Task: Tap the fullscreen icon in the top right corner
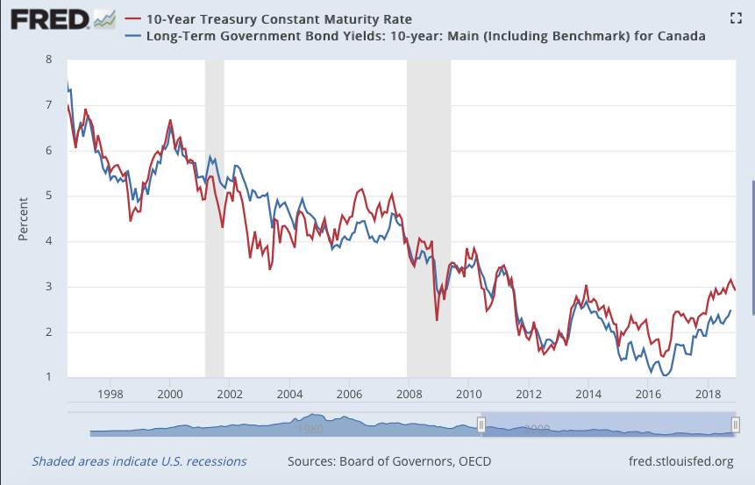tap(737, 18)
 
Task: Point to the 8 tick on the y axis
tap(49, 60)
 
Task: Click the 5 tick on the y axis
tap(49, 196)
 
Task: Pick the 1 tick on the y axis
tap(49, 377)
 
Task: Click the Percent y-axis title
tap(24, 219)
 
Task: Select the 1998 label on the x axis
tap(110, 395)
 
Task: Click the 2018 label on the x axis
tap(706, 395)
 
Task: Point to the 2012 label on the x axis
tap(527, 395)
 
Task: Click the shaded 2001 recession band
tap(215, 219)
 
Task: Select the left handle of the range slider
tap(481, 425)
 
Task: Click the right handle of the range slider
tap(736, 425)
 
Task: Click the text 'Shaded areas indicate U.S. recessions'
tap(139, 461)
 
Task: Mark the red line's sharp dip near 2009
tap(437, 319)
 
